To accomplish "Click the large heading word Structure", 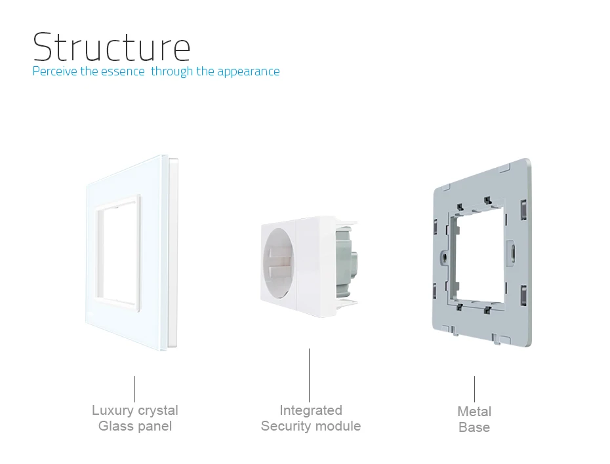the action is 112,47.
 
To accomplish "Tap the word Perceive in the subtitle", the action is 55,71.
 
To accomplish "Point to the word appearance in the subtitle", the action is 249,71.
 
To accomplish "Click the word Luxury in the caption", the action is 113,411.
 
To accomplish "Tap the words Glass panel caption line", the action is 135,427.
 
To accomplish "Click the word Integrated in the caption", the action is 311,411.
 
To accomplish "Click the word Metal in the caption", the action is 474,412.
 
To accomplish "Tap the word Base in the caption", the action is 474,428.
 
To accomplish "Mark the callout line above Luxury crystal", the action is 135,389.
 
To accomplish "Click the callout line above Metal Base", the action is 475,389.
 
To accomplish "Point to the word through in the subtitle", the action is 173,71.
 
